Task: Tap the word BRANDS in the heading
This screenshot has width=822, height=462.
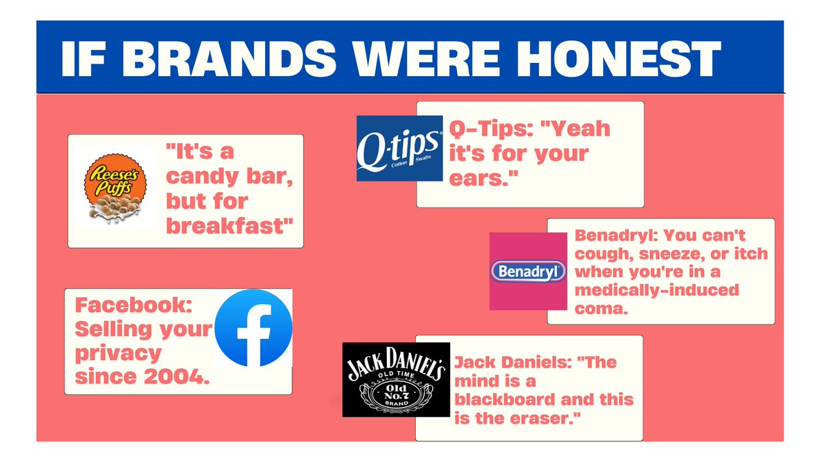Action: tap(229, 59)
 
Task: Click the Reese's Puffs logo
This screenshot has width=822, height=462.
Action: tap(115, 188)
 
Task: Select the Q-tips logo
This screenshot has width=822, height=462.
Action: tap(399, 149)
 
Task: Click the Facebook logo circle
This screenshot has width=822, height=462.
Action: tap(253, 328)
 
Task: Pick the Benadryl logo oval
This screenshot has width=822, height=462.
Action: tap(528, 271)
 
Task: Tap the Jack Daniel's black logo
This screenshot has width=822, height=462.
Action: tap(397, 379)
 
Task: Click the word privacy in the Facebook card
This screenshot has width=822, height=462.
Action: tap(118, 354)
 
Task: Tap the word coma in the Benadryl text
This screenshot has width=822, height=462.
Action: tap(601, 309)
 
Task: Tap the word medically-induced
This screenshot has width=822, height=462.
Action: tap(657, 290)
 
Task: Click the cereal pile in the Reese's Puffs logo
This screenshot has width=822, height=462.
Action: tap(116, 208)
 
